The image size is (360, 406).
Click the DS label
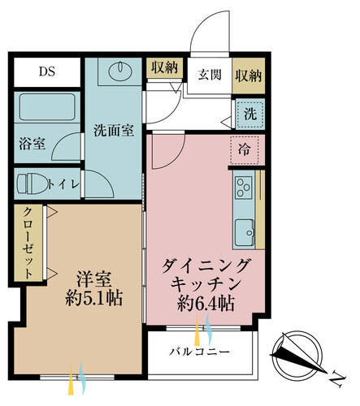[x=47, y=71]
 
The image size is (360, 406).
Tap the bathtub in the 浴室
[x=47, y=107]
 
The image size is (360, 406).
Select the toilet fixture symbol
[x=32, y=184]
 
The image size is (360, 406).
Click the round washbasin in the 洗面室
[x=120, y=71]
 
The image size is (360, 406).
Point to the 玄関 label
[x=210, y=75]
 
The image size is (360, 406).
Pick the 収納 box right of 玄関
[x=249, y=76]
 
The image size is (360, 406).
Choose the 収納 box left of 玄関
[x=164, y=67]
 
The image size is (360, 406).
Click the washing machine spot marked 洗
[x=249, y=114]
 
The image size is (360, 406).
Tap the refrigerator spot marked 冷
[x=245, y=149]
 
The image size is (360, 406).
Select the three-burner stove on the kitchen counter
[x=244, y=188]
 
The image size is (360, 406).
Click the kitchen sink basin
[x=245, y=232]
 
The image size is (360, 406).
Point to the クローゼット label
[x=28, y=243]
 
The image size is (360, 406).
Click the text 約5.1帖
[x=94, y=299]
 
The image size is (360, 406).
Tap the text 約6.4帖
[x=206, y=304]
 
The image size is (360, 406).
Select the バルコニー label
[x=200, y=352]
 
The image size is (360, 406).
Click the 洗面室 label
[x=114, y=131]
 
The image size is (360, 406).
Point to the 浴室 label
[x=32, y=144]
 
